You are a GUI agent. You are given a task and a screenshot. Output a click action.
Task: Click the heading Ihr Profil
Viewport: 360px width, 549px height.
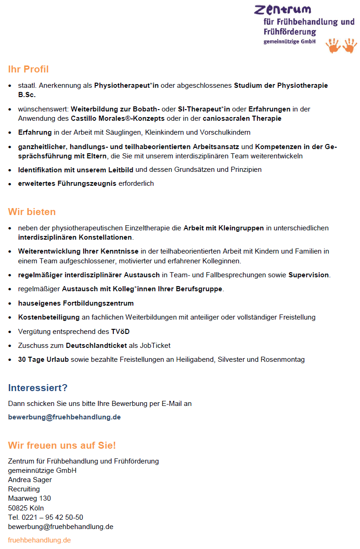point(28,69)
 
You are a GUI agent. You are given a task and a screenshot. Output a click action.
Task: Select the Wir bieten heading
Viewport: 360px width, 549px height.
point(32,212)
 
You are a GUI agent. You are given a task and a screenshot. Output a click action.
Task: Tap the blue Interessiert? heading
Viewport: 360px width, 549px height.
point(38,388)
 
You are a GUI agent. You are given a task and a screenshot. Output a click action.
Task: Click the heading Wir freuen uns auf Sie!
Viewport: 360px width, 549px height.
point(62,445)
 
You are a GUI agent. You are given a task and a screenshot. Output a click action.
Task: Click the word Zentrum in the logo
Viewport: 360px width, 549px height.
point(282,9)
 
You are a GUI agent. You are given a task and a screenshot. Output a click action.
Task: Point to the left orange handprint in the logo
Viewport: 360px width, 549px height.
point(333,46)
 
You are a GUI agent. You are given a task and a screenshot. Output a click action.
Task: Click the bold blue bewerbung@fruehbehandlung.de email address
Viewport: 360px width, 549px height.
point(64,417)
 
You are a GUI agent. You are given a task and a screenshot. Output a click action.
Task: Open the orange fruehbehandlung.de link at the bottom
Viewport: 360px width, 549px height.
point(39,540)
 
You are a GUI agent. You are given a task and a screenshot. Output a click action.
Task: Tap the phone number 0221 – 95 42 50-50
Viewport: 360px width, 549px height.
point(52,517)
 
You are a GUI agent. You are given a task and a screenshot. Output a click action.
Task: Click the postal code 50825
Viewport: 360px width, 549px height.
point(17,508)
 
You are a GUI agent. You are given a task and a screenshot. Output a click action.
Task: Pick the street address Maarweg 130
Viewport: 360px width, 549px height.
point(29,498)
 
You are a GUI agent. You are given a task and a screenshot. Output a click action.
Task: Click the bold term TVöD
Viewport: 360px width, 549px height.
point(120,332)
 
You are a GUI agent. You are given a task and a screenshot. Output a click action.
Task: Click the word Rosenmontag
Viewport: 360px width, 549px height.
point(284,359)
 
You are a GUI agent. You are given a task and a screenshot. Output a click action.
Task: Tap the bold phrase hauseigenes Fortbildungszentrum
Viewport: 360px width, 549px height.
point(76,303)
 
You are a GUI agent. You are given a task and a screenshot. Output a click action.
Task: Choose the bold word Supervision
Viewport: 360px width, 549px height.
point(308,275)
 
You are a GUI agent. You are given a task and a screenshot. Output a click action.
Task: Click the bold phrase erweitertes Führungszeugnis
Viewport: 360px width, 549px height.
point(67,183)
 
